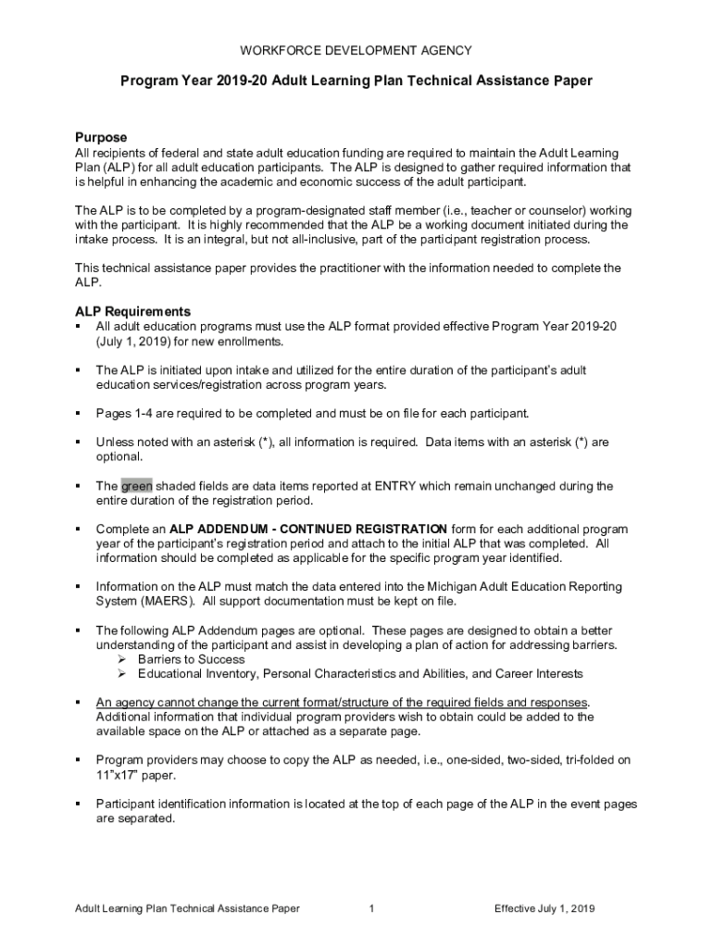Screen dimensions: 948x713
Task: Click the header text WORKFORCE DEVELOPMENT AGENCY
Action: tap(356, 50)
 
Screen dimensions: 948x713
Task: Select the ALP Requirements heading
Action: tap(132, 312)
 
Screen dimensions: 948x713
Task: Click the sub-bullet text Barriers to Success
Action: tap(192, 659)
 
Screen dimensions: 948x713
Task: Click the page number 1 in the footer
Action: tap(370, 908)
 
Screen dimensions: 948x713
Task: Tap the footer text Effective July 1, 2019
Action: tap(544, 908)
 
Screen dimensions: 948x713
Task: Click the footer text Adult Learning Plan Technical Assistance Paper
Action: tap(187, 908)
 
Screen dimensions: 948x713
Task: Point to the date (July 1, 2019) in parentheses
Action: tap(142, 342)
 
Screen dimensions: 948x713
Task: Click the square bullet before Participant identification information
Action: tap(79, 804)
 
